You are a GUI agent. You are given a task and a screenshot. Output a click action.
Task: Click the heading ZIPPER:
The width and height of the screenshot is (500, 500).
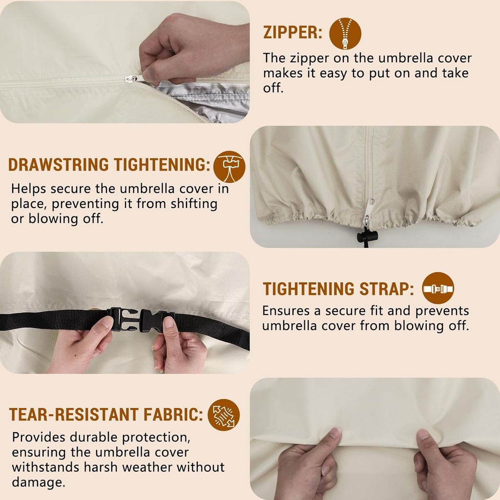point(292,33)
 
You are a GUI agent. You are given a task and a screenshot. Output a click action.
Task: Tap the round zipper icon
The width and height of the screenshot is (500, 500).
point(345,34)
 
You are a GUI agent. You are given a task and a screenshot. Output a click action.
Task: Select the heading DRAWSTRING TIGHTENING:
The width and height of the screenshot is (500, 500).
point(109,165)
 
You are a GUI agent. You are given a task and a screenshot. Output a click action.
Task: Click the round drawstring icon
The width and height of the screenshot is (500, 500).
point(229,167)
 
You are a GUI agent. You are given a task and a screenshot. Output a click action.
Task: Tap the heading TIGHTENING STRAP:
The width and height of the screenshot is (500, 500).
point(338,289)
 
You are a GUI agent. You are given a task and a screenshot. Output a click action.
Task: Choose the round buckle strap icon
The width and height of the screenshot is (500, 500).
point(438,288)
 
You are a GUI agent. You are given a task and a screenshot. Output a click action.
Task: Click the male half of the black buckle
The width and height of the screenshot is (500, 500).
point(123,319)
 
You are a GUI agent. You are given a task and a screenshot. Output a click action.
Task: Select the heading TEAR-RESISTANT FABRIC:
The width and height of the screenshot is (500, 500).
point(106,415)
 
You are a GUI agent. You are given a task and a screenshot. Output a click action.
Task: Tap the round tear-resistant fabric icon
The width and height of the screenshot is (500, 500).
point(224,415)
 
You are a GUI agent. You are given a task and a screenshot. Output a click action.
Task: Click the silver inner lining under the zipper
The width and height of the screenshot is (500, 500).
point(207,99)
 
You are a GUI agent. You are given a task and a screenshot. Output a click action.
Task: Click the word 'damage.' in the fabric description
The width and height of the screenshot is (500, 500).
point(38,482)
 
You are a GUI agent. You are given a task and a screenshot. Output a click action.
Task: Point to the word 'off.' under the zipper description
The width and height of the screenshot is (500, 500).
point(273,88)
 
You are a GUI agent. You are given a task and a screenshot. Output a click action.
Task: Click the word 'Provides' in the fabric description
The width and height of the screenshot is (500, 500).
point(39,437)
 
